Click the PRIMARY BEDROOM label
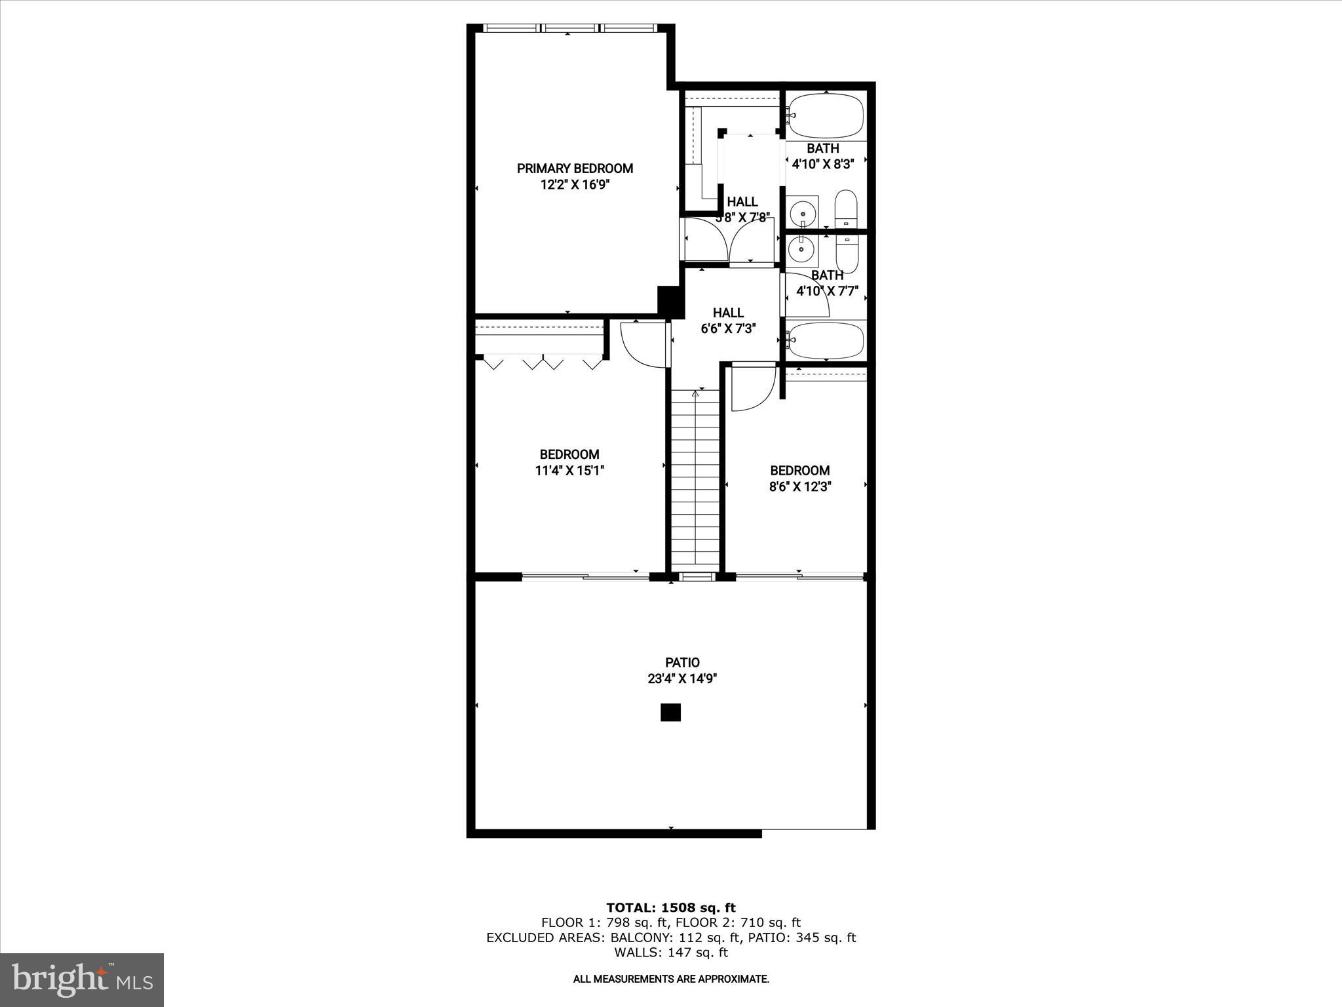pyautogui.click(x=575, y=168)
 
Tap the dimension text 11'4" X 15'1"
pyautogui.click(x=569, y=470)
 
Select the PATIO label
pyautogui.click(x=682, y=663)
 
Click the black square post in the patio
pyautogui.click(x=670, y=712)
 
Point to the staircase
pyautogui.click(x=695, y=479)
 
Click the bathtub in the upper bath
pyautogui.click(x=825, y=117)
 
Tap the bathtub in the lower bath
pyautogui.click(x=825, y=340)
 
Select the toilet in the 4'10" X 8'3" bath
pyautogui.click(x=846, y=209)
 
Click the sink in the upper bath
pyautogui.click(x=803, y=212)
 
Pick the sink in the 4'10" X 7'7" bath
pyautogui.click(x=801, y=249)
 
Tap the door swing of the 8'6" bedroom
pyautogui.click(x=753, y=388)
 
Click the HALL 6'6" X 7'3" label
pyautogui.click(x=728, y=321)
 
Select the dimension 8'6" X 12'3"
pyautogui.click(x=799, y=486)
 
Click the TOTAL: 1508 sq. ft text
pyautogui.click(x=670, y=907)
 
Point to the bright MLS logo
pyautogui.click(x=82, y=979)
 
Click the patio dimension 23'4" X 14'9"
pyautogui.click(x=682, y=679)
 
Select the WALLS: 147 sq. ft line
pyautogui.click(x=670, y=953)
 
